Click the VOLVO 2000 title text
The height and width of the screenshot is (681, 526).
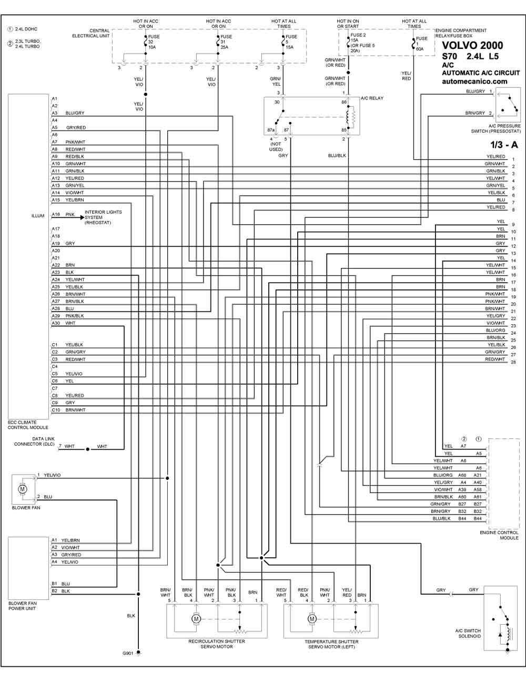[x=472, y=45]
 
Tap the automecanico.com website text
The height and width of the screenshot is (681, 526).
[x=474, y=82]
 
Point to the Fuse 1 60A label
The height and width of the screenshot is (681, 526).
[x=421, y=44]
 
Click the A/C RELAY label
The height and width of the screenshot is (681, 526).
[x=372, y=98]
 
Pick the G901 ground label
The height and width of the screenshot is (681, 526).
[x=128, y=654]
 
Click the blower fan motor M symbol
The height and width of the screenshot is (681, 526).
[x=22, y=488]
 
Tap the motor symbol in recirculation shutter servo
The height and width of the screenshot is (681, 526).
[x=196, y=618]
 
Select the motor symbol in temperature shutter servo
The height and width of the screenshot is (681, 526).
[x=311, y=618]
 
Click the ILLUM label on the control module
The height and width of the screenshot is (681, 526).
[x=38, y=216]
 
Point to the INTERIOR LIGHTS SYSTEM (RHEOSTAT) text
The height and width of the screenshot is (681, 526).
[x=103, y=217]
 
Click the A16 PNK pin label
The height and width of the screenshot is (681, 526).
[x=63, y=214]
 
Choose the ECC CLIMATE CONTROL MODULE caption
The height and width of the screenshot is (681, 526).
[x=28, y=425]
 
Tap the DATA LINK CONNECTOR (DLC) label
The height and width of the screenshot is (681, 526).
[x=34, y=441]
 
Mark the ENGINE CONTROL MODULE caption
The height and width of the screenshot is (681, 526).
[x=499, y=535]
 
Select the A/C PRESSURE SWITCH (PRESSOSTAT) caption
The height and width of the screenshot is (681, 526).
[x=496, y=128]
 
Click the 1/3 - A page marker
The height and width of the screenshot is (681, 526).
[x=504, y=145]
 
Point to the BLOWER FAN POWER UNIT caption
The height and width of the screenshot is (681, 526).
[x=22, y=606]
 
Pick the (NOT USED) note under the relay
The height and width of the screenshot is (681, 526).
[x=276, y=147]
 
